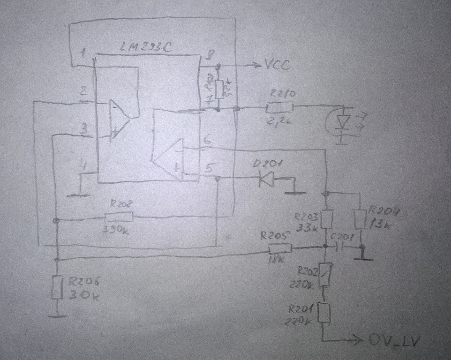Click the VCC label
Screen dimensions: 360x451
pyautogui.click(x=277, y=65)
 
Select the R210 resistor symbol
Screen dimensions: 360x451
pyautogui.click(x=279, y=108)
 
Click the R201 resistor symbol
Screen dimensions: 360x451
pyautogui.click(x=324, y=312)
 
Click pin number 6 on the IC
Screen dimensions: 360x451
pyautogui.click(x=208, y=139)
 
